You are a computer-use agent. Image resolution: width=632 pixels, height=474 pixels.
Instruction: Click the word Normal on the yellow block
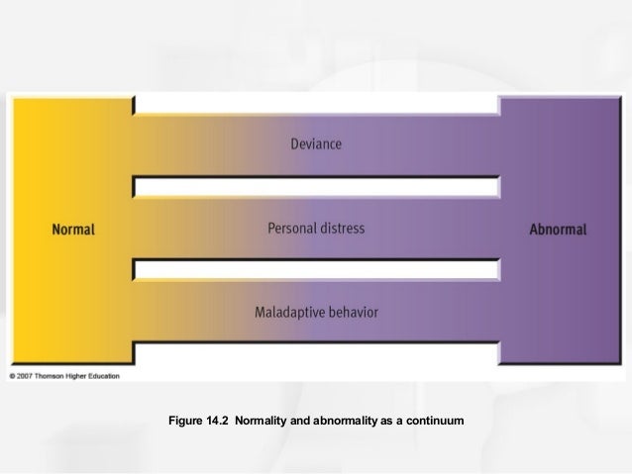[x=72, y=230]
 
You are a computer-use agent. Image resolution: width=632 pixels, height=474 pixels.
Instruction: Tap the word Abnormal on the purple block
[x=558, y=230]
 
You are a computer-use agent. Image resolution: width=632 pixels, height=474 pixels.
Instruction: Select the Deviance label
[x=316, y=144]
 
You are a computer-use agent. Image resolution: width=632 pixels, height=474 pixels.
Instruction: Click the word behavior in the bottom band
[x=354, y=313]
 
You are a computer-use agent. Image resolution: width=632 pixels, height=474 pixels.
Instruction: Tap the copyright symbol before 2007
[x=13, y=377]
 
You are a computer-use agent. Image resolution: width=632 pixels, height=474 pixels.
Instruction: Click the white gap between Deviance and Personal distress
[x=316, y=185]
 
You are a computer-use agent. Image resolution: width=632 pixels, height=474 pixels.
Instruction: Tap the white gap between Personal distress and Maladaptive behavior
[x=316, y=268]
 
